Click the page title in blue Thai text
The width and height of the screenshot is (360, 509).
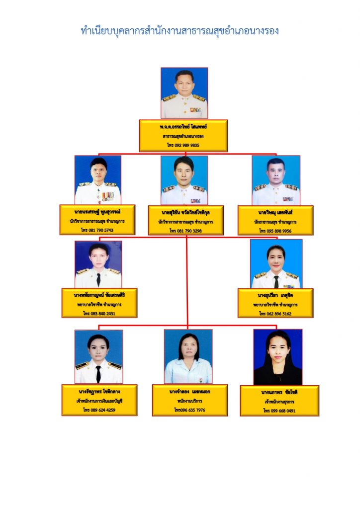click(180, 31)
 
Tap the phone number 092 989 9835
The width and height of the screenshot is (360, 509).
click(183, 145)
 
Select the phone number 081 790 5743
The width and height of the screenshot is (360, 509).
click(97, 230)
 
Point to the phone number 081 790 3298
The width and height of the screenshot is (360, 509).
click(186, 231)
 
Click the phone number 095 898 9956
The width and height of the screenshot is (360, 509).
click(275, 231)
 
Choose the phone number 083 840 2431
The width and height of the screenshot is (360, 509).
click(99, 314)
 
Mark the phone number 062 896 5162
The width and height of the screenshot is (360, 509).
click(275, 314)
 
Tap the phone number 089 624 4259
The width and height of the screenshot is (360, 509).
click(99, 410)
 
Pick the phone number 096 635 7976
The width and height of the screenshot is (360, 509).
click(189, 410)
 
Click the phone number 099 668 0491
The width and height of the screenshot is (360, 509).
click(279, 411)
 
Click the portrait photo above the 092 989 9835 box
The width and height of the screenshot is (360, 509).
click(184, 93)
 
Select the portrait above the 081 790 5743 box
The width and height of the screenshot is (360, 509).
click(98, 180)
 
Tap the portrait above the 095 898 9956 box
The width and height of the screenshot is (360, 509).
click(276, 180)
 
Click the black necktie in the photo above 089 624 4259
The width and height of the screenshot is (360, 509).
click(98, 374)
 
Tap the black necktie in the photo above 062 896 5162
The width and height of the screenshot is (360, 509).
click(276, 281)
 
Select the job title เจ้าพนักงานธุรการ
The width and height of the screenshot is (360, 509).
click(279, 401)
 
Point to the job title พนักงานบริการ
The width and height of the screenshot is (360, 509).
click(189, 400)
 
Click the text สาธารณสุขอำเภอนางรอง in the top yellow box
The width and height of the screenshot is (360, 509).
click(183, 136)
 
